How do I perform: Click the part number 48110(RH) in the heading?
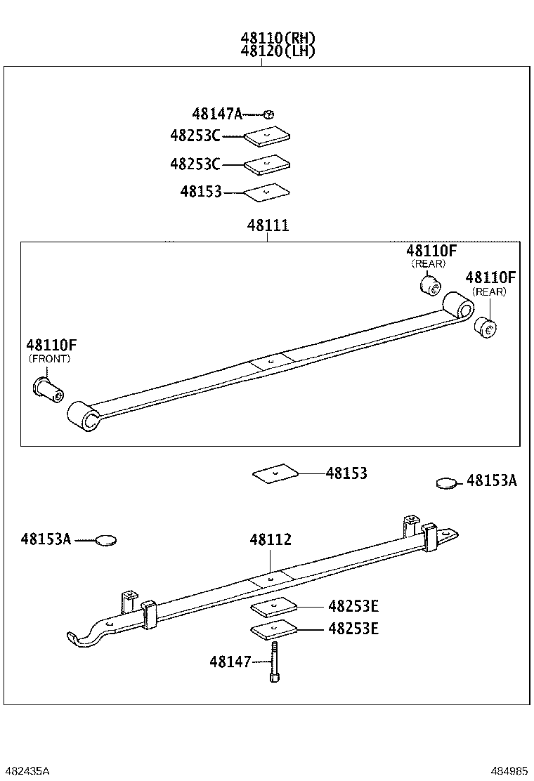(278, 38)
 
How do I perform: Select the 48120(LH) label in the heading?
(278, 51)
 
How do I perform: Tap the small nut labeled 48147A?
(268, 114)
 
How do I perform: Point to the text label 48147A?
(216, 114)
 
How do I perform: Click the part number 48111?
(268, 226)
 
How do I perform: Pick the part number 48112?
(271, 539)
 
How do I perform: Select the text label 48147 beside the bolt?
(230, 662)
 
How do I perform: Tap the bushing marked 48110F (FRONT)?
(48, 388)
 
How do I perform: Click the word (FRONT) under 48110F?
(50, 358)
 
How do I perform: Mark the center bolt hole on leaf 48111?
(271, 362)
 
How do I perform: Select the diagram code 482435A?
(26, 770)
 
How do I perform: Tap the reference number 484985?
(509, 770)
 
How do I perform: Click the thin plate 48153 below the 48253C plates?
(266, 191)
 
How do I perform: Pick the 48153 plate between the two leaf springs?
(276, 474)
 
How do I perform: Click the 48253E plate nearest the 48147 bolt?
(273, 630)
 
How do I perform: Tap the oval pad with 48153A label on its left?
(106, 540)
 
